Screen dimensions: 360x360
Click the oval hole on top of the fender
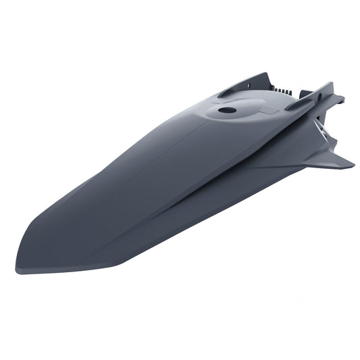pyautogui.click(x=228, y=109)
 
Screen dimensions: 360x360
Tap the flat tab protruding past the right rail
pyautogui.click(x=338, y=99)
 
